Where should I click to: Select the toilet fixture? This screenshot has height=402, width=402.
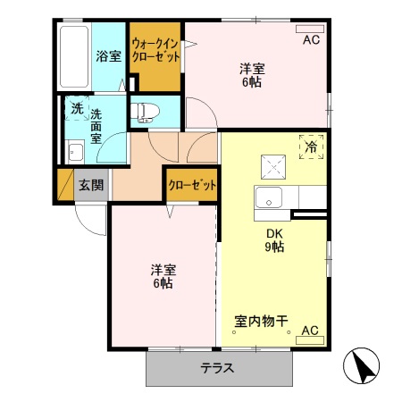[x=145, y=113]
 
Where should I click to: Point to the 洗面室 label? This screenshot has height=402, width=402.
[x=96, y=126]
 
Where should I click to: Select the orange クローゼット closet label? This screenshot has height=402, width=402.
[x=192, y=185]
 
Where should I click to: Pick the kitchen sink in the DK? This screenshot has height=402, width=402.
[x=269, y=197]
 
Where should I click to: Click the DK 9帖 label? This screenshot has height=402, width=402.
[x=273, y=241]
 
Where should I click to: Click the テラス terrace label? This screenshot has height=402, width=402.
[x=217, y=367]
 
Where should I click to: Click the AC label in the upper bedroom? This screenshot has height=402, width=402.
[x=310, y=40]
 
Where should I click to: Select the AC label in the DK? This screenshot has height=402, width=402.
[x=309, y=330]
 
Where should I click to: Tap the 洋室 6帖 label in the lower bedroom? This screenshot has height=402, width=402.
[x=162, y=276]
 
